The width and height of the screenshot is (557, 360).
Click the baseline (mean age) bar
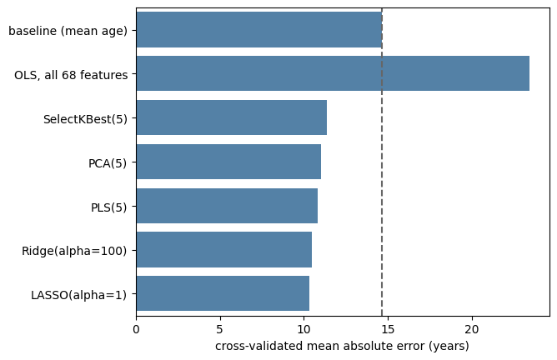pyautogui.click(x=259, y=29)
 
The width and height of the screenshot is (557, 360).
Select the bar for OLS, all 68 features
pyautogui.click(x=333, y=73)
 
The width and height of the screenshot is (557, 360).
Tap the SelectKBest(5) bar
pyautogui.click(x=232, y=117)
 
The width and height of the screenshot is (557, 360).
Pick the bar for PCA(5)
pyautogui.click(x=228, y=162)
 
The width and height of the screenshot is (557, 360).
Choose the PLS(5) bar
pyautogui.click(x=227, y=206)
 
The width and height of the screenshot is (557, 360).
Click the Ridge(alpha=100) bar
pyautogui.click(x=224, y=250)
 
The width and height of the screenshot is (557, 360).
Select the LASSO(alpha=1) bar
pyautogui.click(x=223, y=293)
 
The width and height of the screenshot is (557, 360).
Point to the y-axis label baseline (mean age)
pyautogui.click(x=68, y=31)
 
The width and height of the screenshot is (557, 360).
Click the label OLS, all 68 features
pyautogui.click(x=71, y=75)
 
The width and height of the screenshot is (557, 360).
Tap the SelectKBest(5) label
pyautogui.click(x=85, y=119)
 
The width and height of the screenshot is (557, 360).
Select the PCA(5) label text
pyautogui.click(x=108, y=163)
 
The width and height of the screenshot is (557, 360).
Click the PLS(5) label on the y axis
pyautogui.click(x=108, y=207)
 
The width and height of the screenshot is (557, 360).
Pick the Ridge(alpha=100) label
pyautogui.click(x=74, y=251)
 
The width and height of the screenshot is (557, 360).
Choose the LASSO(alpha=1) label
pyautogui.click(x=79, y=295)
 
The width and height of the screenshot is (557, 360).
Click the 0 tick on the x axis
pyautogui.click(x=136, y=329)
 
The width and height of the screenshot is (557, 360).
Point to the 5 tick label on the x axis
pyautogui.click(x=220, y=329)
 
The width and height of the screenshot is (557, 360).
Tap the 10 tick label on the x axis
pyautogui.click(x=304, y=329)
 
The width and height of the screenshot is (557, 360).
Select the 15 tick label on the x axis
pyautogui.click(x=388, y=329)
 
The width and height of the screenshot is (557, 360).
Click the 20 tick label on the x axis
pyautogui.click(x=472, y=329)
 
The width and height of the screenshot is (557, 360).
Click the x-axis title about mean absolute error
pyautogui.click(x=342, y=346)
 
